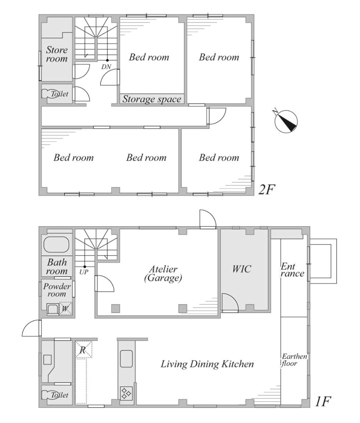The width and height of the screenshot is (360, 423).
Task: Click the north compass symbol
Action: [286, 121]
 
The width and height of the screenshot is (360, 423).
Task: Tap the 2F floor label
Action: [266, 189]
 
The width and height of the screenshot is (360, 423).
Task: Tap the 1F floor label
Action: [323, 402]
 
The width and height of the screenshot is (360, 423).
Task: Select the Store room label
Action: [57, 54]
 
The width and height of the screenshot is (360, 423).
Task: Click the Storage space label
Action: [152, 99]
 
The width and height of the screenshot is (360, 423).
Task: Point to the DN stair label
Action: [106, 66]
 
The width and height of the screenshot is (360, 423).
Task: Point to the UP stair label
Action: [84, 272]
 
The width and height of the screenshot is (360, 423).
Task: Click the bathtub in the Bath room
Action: [56, 245]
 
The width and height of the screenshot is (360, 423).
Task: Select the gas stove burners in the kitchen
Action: [126, 393]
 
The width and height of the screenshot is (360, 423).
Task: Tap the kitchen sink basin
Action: [126, 359]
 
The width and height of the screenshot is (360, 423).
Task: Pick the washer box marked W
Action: [65, 308]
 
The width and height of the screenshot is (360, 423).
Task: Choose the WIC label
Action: [242, 269]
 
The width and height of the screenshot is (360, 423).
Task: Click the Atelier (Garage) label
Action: [163, 274]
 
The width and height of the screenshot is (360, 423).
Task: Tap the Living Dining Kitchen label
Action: [207, 364]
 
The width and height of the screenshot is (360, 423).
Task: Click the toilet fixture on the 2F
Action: [50, 94]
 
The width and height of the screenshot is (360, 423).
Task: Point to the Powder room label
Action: [57, 290]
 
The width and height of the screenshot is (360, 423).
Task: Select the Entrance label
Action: [293, 270]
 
